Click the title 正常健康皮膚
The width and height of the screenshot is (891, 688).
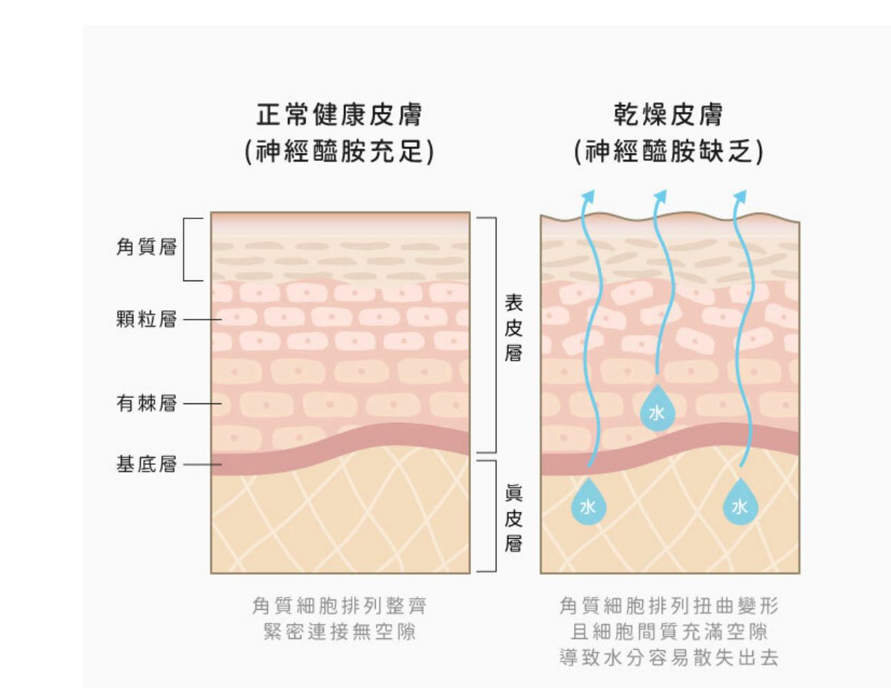339,115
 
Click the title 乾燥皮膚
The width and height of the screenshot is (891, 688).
668,115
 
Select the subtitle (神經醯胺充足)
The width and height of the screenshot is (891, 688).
339,151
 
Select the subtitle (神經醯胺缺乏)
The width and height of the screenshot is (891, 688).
669,151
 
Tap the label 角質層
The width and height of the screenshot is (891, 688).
146,247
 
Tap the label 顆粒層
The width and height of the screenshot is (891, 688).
146,319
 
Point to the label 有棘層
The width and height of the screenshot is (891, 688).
146,403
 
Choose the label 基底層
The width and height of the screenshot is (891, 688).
146,464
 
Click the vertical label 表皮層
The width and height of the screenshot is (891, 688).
513,327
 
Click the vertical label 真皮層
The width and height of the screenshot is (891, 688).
513,517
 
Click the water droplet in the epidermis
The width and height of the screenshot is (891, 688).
656,412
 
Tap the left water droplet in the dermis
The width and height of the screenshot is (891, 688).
588,505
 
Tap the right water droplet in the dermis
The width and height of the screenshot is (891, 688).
740,505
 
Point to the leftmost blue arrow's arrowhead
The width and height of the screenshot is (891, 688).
588,197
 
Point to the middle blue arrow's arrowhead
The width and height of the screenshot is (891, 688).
661,197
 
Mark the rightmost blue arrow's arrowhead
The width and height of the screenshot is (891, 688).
740,197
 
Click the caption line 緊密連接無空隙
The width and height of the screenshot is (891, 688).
339,631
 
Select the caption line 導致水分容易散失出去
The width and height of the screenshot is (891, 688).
669,656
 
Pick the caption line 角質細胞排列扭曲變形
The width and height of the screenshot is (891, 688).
669,606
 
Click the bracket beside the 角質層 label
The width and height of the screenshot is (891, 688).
185,249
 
